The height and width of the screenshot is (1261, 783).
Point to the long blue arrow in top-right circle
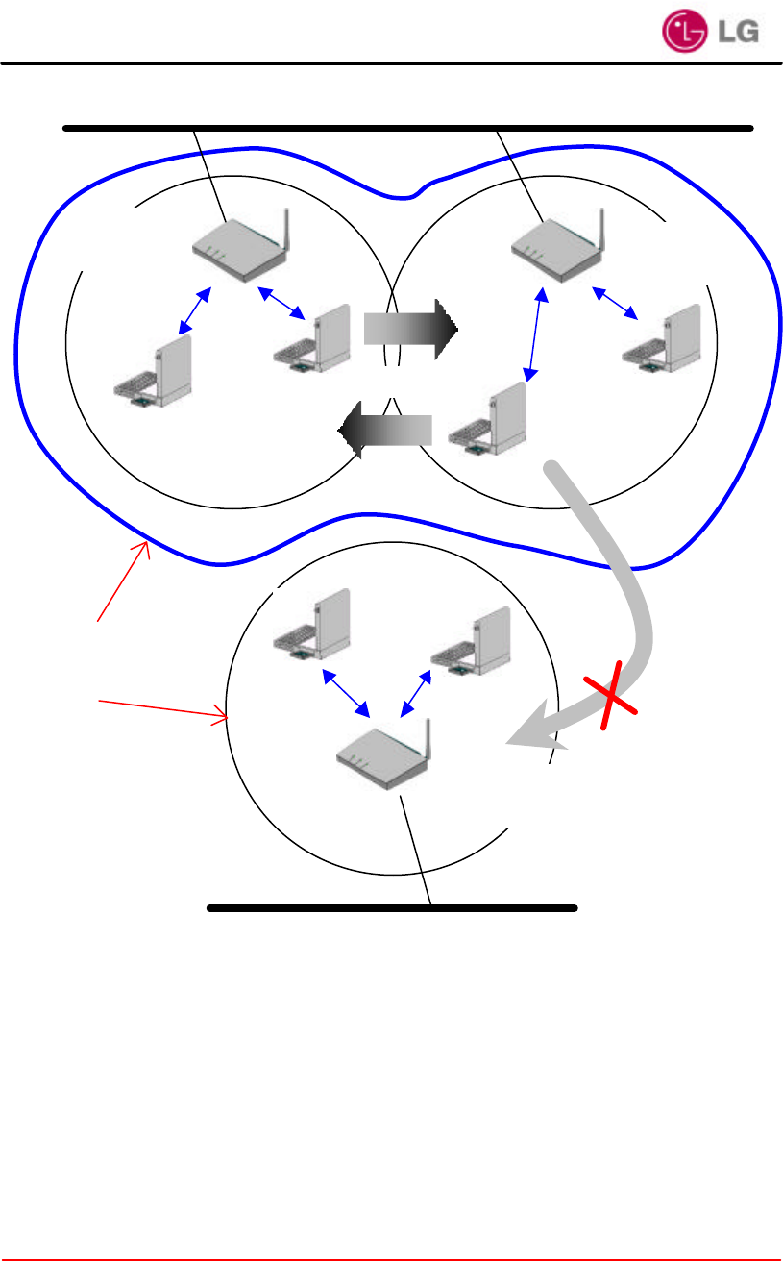[x=535, y=334]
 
